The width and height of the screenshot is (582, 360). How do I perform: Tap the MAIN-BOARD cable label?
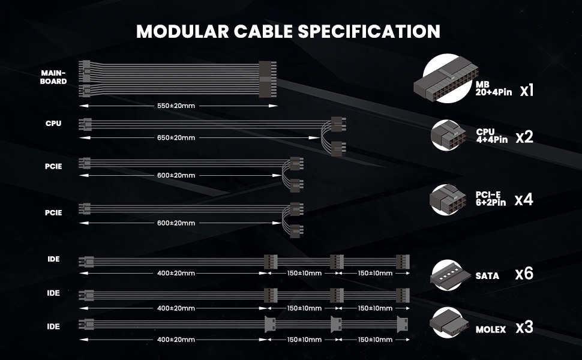[53, 77]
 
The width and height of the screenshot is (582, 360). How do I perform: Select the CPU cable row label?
[53, 124]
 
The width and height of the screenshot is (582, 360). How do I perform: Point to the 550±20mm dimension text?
[176, 106]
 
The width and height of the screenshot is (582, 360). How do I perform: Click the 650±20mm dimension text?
[176, 137]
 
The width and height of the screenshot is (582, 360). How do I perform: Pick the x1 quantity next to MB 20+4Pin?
[527, 91]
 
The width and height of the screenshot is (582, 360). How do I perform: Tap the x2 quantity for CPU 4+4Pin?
[524, 137]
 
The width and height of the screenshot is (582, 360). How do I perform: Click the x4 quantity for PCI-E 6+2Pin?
[524, 199]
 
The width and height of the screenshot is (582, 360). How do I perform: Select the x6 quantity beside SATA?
[524, 274]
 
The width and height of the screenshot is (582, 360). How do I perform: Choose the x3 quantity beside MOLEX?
[524, 328]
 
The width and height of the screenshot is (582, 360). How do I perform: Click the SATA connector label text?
[487, 276]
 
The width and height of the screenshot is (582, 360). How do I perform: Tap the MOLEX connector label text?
[490, 329]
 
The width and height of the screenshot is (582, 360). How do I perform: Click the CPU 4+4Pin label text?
[491, 136]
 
